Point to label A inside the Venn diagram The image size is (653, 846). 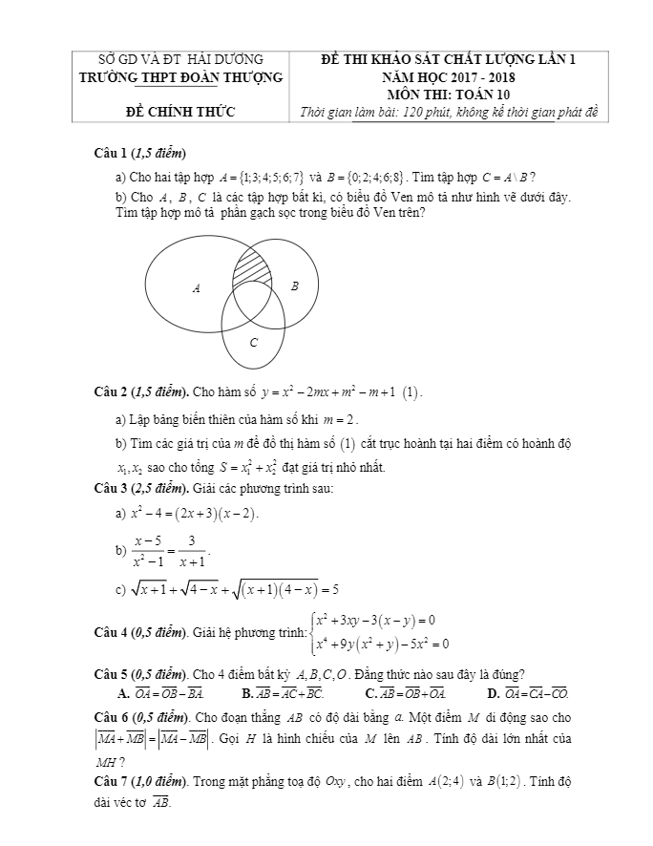(x=197, y=287)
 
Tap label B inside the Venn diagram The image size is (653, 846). (x=294, y=286)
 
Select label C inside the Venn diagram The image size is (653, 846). (x=253, y=341)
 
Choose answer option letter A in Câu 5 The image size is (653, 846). (x=122, y=692)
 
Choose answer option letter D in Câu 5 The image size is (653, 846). (x=493, y=692)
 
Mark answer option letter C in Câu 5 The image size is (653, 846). (x=371, y=692)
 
